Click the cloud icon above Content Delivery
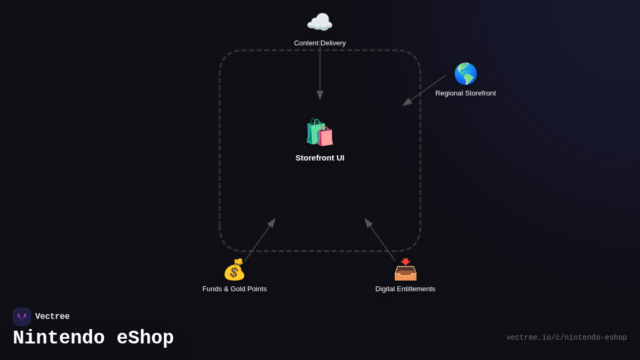click(319, 22)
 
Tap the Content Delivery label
click(320, 43)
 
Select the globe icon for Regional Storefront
click(466, 74)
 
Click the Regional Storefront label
click(466, 93)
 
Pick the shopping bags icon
click(319, 132)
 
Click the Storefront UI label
click(320, 158)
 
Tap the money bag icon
click(234, 270)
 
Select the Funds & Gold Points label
click(235, 289)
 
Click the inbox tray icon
click(405, 270)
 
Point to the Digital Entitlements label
click(405, 289)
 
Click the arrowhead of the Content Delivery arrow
click(320, 95)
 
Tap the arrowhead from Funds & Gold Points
click(272, 222)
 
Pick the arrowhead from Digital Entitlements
click(368, 222)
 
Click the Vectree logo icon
click(22, 317)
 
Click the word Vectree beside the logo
click(52, 317)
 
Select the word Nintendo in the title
click(59, 338)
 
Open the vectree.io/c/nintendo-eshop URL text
click(566, 338)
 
